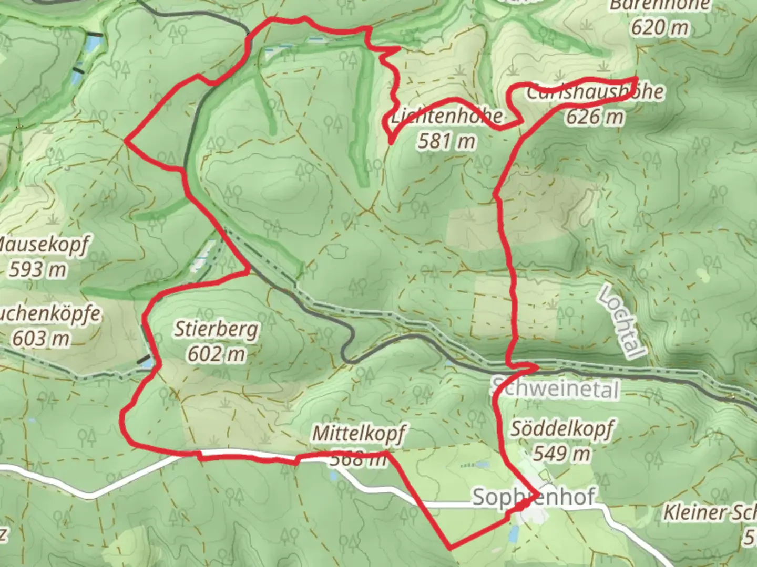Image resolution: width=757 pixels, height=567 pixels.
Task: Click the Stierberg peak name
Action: click(x=216, y=329)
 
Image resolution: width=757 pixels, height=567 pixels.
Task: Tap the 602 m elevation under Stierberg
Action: click(x=216, y=353)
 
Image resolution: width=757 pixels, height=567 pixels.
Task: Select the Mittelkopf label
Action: click(x=359, y=434)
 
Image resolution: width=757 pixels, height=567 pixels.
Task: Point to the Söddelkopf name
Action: click(x=561, y=429)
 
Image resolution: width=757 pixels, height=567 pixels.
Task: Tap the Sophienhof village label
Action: click(x=534, y=496)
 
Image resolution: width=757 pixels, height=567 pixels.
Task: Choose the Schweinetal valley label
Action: click(x=555, y=389)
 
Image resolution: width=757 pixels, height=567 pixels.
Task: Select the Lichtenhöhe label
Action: click(x=447, y=116)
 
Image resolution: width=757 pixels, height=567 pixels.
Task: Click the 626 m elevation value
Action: click(x=594, y=116)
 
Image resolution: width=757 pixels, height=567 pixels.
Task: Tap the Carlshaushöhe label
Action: click(x=594, y=92)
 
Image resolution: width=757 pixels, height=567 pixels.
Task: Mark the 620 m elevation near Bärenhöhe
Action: click(x=659, y=27)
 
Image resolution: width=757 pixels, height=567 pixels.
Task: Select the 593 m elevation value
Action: click(x=38, y=269)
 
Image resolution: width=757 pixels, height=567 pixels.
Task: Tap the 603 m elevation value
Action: click(x=41, y=339)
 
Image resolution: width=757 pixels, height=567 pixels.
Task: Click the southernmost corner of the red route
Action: click(x=450, y=548)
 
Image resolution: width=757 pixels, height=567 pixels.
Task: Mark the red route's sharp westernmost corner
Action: click(x=126, y=140)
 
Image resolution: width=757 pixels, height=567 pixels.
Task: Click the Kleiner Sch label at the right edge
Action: click(x=710, y=512)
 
